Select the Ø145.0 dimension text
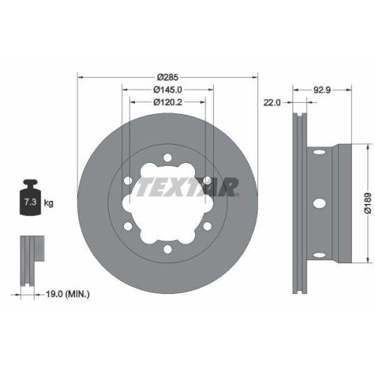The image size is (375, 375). click(168, 89)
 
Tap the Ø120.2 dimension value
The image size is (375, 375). click(168, 102)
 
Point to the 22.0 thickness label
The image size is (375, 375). click(271, 103)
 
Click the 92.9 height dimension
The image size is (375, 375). click(323, 89)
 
